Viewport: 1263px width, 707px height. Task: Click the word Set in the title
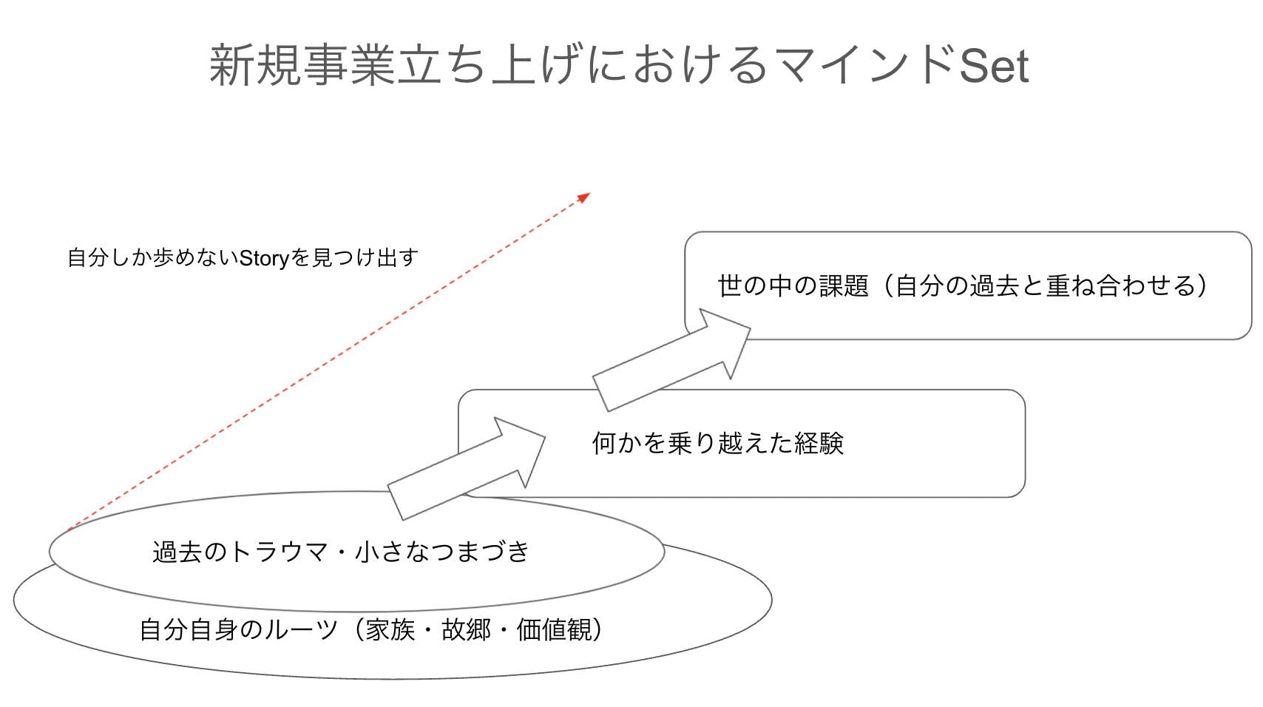tap(994, 65)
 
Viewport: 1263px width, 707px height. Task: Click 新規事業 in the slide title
tap(302, 65)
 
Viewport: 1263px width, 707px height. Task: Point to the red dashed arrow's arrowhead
tap(583, 197)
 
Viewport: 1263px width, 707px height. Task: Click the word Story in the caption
tap(264, 258)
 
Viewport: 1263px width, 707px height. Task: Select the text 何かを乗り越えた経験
tap(718, 443)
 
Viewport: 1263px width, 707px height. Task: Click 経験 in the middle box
tap(819, 443)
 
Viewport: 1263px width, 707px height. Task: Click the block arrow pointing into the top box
tap(672, 360)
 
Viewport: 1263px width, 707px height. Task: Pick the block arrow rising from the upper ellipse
tap(467, 469)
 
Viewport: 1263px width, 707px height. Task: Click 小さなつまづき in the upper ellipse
tap(443, 552)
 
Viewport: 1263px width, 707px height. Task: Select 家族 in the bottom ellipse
tap(390, 630)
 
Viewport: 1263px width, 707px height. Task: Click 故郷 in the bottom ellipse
tap(467, 630)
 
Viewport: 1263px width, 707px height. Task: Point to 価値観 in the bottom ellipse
tap(555, 630)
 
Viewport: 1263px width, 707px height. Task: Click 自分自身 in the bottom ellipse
tap(189, 630)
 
